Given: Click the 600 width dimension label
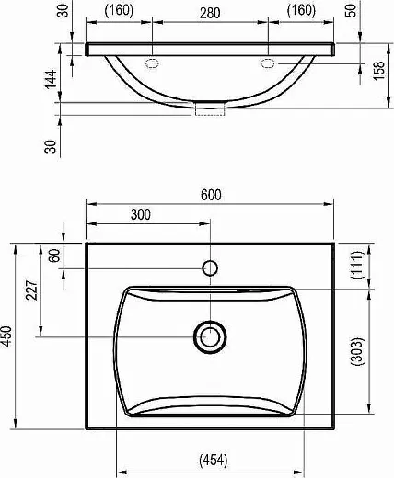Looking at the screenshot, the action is click(211, 195).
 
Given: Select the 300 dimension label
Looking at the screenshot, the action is click(141, 214).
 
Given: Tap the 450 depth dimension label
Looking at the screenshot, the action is click(6, 336).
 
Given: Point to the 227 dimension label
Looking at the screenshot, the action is click(31, 290).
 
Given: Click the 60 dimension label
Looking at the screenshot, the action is click(54, 256).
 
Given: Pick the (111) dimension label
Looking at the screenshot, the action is click(357, 265).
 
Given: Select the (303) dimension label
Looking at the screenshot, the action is click(357, 351).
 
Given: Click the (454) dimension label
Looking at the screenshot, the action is click(214, 461).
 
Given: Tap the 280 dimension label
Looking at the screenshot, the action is click(210, 13).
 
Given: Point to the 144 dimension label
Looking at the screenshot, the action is click(51, 79).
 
